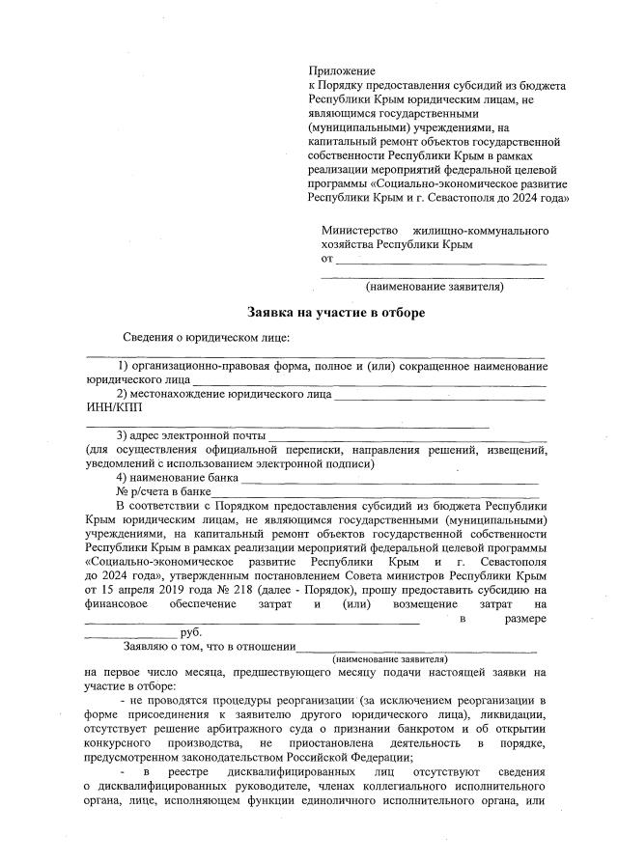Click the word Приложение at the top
[x=340, y=71]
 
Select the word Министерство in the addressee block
[x=360, y=232]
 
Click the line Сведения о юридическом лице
[x=206, y=337]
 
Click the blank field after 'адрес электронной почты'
[x=406, y=436]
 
